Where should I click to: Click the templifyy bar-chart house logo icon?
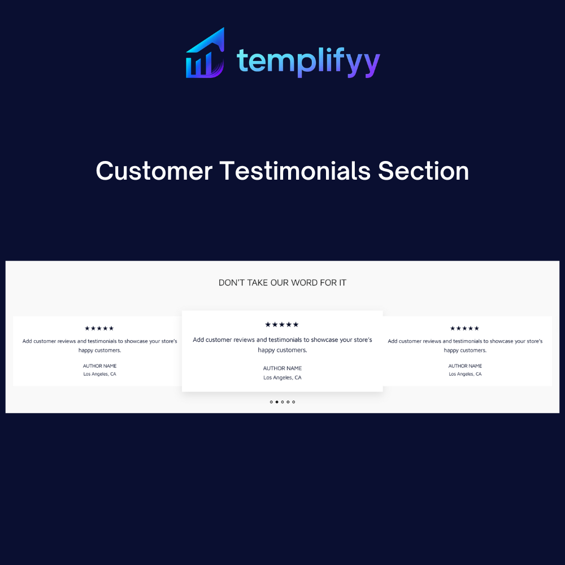click(205, 53)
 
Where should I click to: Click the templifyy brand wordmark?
click(308, 62)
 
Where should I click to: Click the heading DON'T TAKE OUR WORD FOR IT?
click(282, 283)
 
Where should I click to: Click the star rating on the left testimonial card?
click(99, 328)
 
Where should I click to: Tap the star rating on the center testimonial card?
click(282, 325)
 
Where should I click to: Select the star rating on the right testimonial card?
click(464, 328)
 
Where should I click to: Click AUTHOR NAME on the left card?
click(100, 366)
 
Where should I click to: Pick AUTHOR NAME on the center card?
click(282, 368)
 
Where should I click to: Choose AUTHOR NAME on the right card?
click(465, 366)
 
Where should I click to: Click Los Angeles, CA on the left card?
click(100, 374)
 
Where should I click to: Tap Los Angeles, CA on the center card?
click(282, 377)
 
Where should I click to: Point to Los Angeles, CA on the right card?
click(465, 374)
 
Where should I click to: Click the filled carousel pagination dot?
click(277, 402)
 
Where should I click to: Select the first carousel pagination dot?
click(271, 402)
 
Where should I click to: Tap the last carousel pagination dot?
click(294, 402)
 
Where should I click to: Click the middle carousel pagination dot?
click(282, 402)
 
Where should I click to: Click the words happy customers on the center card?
click(282, 350)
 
